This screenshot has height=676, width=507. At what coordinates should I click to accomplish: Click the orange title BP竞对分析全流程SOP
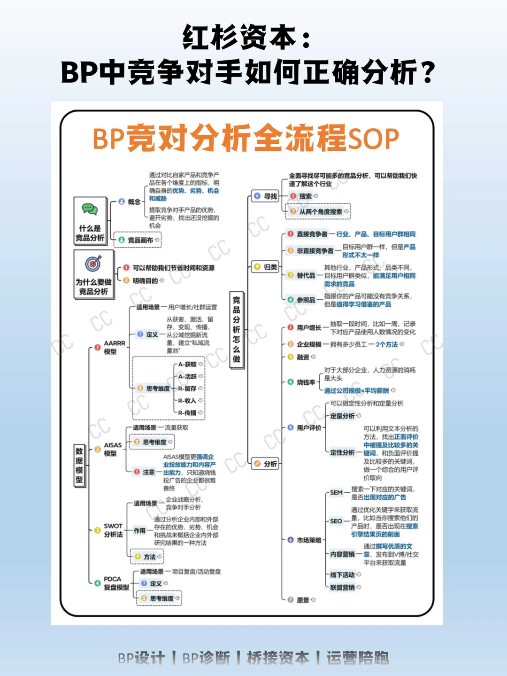pyautogui.click(x=246, y=139)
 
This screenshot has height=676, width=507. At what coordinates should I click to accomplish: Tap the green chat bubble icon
pyautogui.click(x=90, y=209)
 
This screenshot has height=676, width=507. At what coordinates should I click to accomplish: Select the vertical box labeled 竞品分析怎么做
pyautogui.click(x=237, y=329)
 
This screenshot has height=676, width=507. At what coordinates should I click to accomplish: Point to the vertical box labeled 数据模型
pyautogui.click(x=79, y=465)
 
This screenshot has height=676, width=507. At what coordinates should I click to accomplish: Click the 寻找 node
pyautogui.click(x=266, y=196)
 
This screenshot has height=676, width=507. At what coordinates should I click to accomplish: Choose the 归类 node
pyautogui.click(x=266, y=267)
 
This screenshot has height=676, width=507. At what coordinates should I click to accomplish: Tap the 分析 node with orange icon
pyautogui.click(x=266, y=464)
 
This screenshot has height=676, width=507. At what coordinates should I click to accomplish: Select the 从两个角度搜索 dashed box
pyautogui.click(x=319, y=211)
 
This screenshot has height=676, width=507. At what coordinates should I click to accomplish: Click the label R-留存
pyautogui.click(x=187, y=389)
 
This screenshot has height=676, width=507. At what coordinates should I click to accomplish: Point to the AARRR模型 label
pyautogui.click(x=114, y=347)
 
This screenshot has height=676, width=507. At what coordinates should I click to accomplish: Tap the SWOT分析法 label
pyautogui.click(x=113, y=530)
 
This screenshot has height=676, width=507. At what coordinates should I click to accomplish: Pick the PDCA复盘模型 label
pyautogui.click(x=116, y=583)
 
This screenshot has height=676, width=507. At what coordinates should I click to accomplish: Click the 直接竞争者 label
pyautogui.click(x=312, y=234)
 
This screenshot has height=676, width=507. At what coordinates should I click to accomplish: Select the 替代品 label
pyautogui.click(x=306, y=275)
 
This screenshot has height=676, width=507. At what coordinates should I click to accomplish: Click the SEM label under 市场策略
pyautogui.click(x=336, y=492)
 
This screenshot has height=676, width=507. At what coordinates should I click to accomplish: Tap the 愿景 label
pyautogui.click(x=303, y=600)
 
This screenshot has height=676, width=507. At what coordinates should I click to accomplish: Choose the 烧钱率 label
pyautogui.click(x=306, y=382)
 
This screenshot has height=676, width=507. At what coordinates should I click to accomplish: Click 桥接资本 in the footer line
pyautogui.click(x=278, y=658)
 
